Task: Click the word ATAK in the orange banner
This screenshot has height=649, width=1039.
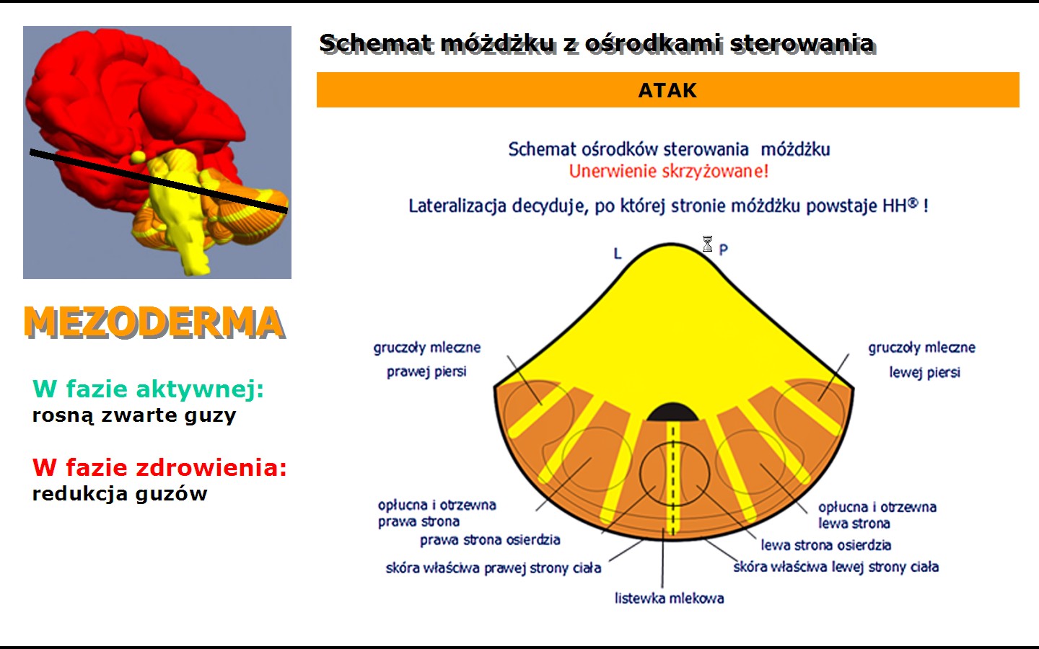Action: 667,90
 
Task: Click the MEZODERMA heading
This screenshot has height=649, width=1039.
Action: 154,322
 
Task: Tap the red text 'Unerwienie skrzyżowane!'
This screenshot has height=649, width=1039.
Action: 669,172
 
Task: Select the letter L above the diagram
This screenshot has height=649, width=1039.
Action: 618,254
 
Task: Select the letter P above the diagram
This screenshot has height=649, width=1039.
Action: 723,250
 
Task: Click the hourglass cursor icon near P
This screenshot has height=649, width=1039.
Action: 707,244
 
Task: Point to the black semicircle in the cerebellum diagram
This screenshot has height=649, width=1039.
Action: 672,412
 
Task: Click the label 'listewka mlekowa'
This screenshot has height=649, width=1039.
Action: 670,599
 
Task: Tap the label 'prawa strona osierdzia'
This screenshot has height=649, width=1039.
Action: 491,540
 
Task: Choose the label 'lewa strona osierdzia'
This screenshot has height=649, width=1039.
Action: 826,545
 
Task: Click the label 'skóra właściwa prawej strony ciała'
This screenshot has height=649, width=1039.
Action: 494,568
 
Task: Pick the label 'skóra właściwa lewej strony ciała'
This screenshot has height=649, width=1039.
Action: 836,567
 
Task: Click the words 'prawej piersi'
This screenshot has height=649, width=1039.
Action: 426,372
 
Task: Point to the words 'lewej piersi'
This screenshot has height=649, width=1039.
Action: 924,373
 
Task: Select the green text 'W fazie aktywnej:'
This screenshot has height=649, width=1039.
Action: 148,389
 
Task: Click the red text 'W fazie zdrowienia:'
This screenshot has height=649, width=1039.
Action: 159,467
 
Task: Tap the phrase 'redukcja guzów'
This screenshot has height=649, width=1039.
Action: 120,494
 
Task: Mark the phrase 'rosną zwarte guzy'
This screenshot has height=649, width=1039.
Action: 134,416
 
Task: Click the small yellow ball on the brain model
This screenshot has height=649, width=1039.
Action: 137,157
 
